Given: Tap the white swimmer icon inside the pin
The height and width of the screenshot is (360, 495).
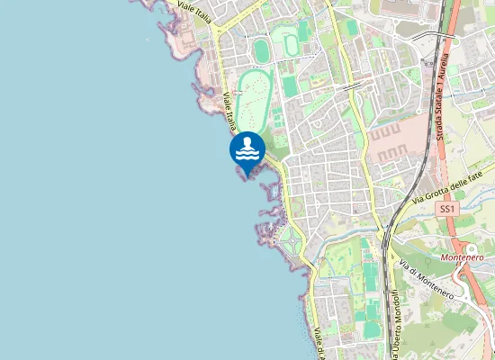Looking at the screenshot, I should coord(247,148).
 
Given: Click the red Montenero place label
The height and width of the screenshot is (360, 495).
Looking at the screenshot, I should coord(463,256).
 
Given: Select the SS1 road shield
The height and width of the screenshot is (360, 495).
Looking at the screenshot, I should coord(447,209).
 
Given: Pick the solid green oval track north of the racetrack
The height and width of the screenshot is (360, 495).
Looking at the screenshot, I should coord(261,49).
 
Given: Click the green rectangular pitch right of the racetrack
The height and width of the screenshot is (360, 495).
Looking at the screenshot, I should coord(290,86).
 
